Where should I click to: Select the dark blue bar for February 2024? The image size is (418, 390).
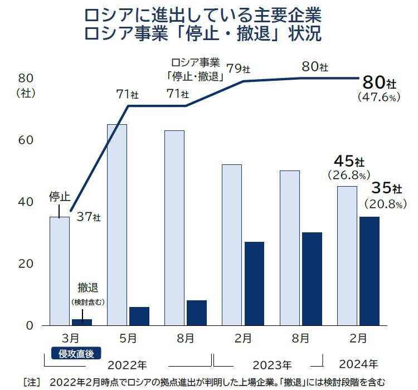pos(369,271)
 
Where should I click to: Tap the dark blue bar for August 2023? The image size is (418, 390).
pos(312,279)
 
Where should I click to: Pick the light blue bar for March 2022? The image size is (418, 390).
pos(60,271)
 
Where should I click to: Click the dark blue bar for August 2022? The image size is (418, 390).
pos(197,313)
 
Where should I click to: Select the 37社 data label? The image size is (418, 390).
pos(89,216)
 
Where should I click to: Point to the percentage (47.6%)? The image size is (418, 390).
pos(378,97)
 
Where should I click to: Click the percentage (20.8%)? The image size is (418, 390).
pos(383,204)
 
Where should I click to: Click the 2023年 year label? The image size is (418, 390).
pos(272,365)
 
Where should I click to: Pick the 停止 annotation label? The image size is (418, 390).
pos(60,196)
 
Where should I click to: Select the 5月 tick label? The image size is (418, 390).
pos(128,338)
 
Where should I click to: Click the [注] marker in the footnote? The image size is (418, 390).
pos(32,382)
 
